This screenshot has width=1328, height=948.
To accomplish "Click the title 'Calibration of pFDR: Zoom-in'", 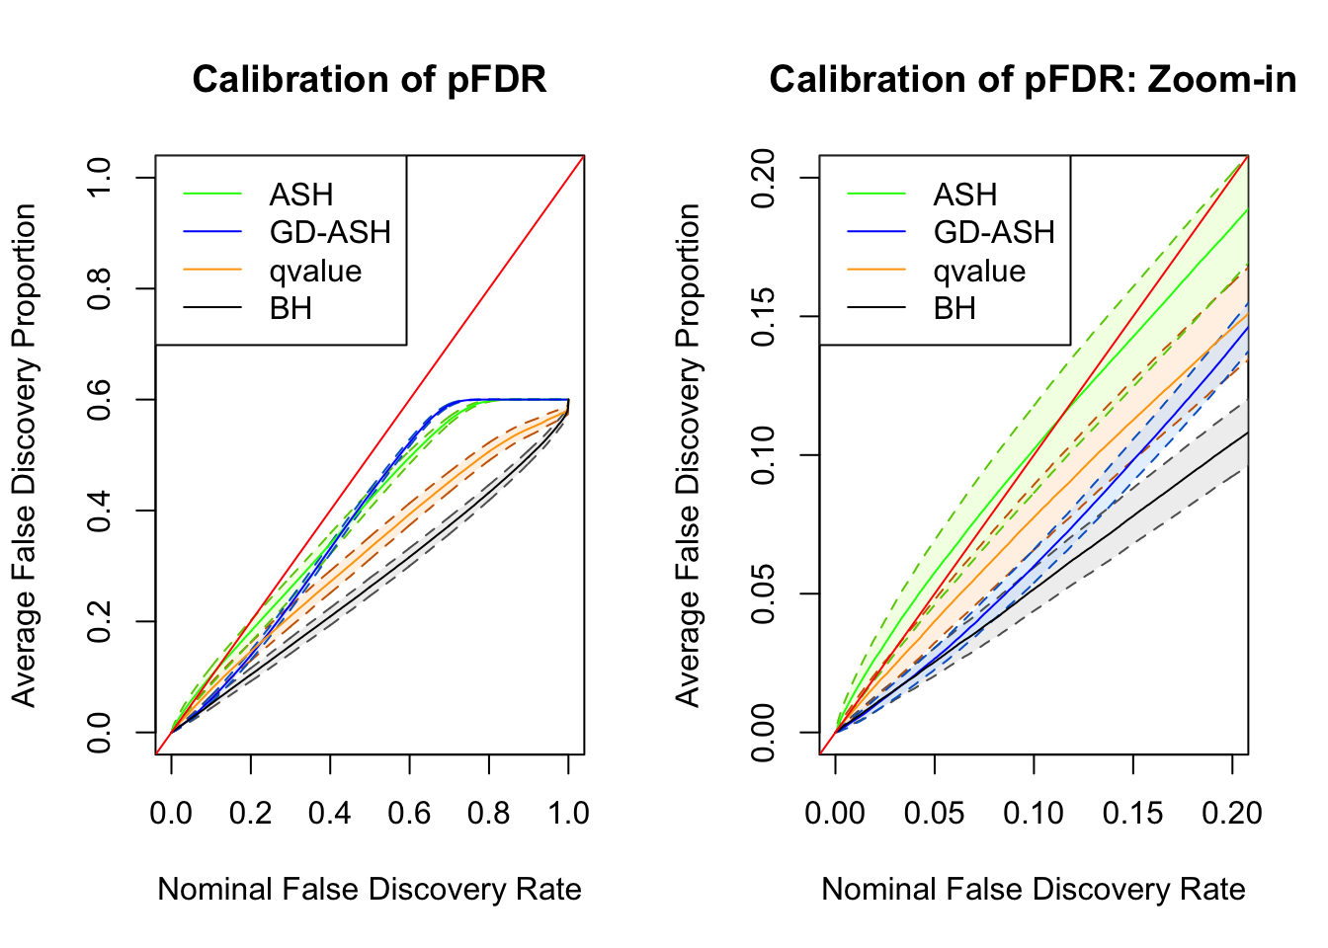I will pyautogui.click(x=1033, y=80).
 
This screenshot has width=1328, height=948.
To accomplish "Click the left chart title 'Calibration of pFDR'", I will pyautogui.click(x=370, y=80).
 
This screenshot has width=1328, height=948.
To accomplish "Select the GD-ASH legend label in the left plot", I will pyautogui.click(x=330, y=232).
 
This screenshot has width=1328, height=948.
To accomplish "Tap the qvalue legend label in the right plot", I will pyautogui.click(x=979, y=271).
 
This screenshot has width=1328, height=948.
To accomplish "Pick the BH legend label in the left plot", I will pyautogui.click(x=290, y=309).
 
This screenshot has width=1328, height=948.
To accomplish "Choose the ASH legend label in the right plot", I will pyautogui.click(x=964, y=195).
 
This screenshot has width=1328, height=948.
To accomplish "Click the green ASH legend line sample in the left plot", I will pyautogui.click(x=212, y=195).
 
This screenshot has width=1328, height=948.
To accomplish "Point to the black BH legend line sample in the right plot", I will pyautogui.click(x=876, y=309).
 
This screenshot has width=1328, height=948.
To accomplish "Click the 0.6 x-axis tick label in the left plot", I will pyautogui.click(x=409, y=813).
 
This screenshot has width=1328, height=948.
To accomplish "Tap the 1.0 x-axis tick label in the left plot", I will pyautogui.click(x=567, y=813).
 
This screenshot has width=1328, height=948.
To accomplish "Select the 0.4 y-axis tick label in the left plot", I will pyautogui.click(x=99, y=511).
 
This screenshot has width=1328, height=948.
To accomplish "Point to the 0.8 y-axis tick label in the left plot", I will pyautogui.click(x=99, y=288).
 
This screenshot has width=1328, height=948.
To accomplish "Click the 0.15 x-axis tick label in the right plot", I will pyautogui.click(x=1132, y=813).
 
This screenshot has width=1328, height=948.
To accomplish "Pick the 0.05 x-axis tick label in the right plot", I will pyautogui.click(x=934, y=813).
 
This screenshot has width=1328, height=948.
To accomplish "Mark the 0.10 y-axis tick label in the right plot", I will pyautogui.click(x=763, y=455).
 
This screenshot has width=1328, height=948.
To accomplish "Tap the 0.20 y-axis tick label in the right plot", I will pyautogui.click(x=763, y=178).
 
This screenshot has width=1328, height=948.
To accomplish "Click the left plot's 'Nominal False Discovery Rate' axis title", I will pyautogui.click(x=370, y=889).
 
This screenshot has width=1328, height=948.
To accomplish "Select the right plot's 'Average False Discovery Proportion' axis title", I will pyautogui.click(x=688, y=455).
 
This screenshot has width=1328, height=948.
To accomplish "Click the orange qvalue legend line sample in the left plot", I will pyautogui.click(x=212, y=271).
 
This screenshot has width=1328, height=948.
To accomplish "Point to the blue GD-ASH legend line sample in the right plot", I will pyautogui.click(x=876, y=232).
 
